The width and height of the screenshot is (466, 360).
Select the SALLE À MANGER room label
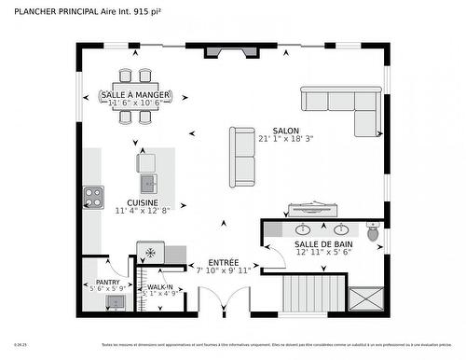click(x=134, y=96)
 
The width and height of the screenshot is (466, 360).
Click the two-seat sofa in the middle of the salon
click(x=242, y=157)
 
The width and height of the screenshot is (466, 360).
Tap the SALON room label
click(x=286, y=132)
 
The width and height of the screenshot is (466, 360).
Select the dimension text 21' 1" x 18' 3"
click(x=286, y=140)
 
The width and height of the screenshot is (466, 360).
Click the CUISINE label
click(x=143, y=202)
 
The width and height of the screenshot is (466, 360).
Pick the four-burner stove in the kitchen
click(x=93, y=198)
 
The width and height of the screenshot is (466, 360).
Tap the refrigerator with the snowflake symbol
click(x=150, y=252)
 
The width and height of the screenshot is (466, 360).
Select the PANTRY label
click(x=108, y=282)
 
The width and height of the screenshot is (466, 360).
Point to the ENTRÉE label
click(x=224, y=263)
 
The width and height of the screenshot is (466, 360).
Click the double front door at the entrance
click(x=224, y=303)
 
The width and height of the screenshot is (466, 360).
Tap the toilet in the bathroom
click(x=374, y=233)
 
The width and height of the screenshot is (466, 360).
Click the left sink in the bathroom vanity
click(x=303, y=228)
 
